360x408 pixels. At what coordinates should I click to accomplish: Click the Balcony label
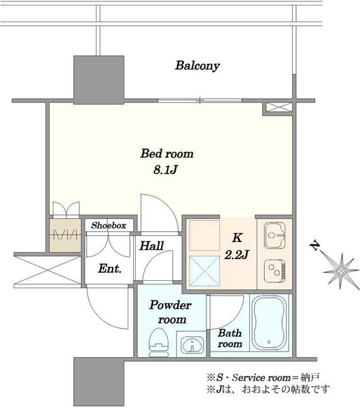(x=197, y=65)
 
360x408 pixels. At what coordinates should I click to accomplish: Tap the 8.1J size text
(x=165, y=169)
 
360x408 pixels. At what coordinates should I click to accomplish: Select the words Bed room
(x=167, y=154)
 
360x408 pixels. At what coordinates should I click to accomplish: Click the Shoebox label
(x=109, y=225)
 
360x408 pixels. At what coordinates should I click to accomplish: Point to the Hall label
(x=151, y=245)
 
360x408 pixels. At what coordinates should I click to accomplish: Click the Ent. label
(x=109, y=269)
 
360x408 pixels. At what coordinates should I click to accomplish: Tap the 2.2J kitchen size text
(x=236, y=255)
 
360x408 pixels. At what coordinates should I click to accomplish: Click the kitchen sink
(x=274, y=235)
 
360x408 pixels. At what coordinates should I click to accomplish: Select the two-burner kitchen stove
(x=274, y=271)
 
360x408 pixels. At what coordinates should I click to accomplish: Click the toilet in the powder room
(x=158, y=343)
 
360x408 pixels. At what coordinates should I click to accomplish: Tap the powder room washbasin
(x=192, y=345)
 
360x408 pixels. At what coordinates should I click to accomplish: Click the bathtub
(x=270, y=323)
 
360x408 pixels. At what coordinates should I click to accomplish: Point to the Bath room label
(x=230, y=338)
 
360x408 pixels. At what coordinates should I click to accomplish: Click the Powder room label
(x=170, y=312)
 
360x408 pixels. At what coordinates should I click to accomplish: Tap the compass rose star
(x=340, y=271)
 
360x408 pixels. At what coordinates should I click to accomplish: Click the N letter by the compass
(x=315, y=245)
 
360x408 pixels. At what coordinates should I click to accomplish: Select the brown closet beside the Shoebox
(x=65, y=235)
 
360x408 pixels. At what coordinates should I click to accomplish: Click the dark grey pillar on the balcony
(x=98, y=80)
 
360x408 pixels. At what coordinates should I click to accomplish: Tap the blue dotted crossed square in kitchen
(x=204, y=270)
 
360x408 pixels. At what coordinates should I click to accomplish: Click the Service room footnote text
(x=263, y=377)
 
